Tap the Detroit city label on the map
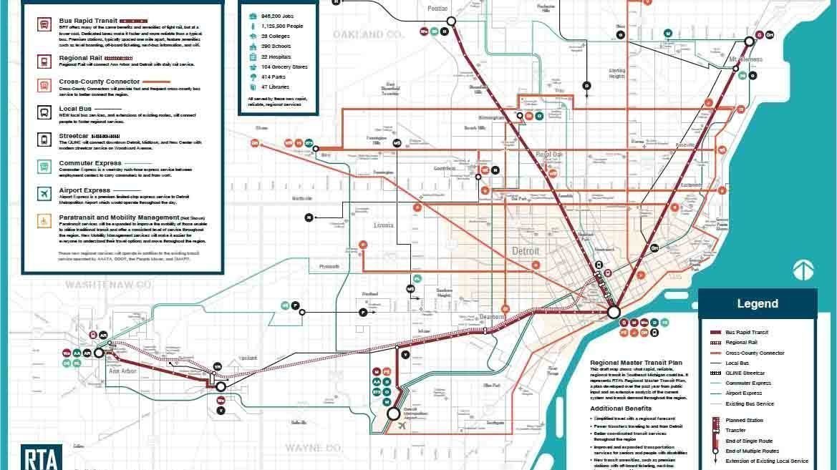click(x=526, y=252)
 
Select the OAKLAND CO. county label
click(x=368, y=34)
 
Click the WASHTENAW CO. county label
click(x=110, y=285)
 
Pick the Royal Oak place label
click(x=549, y=155)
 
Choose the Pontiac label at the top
click(x=437, y=9)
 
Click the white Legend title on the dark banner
click(x=757, y=303)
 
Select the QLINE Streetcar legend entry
click(x=745, y=373)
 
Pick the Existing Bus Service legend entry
click(x=750, y=403)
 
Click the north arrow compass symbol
click(x=803, y=270)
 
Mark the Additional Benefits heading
click(x=620, y=408)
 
